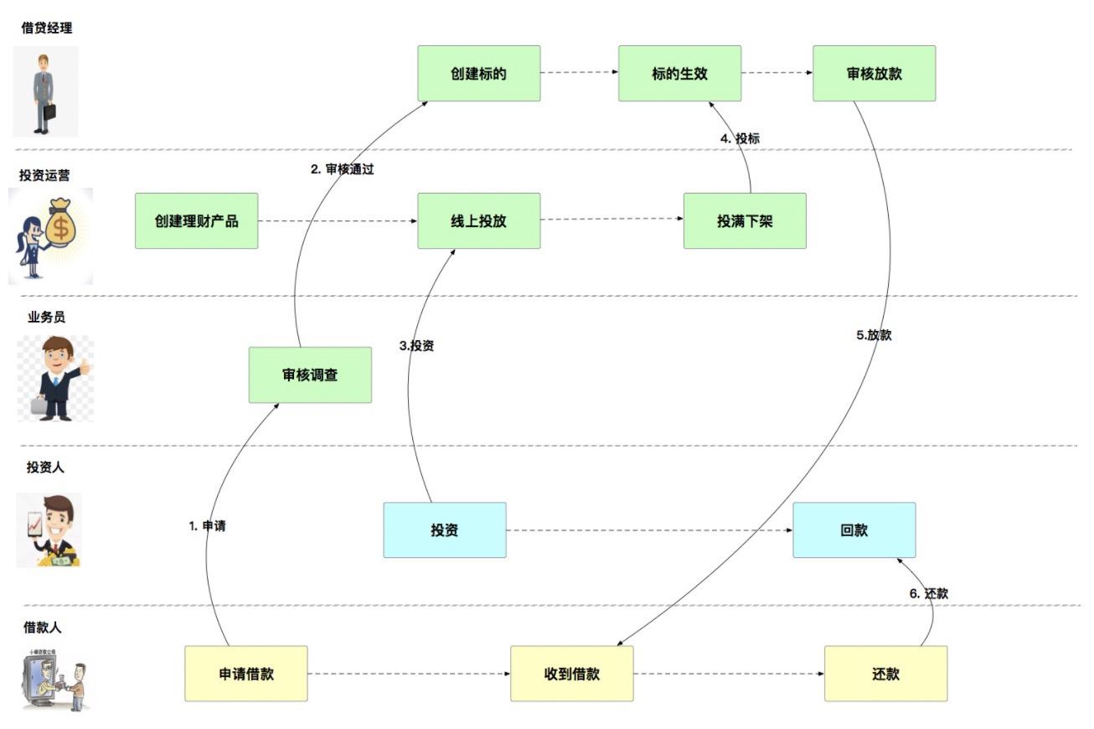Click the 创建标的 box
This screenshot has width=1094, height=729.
(479, 74)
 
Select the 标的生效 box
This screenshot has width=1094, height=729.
(679, 74)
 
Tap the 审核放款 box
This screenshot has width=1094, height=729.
(874, 74)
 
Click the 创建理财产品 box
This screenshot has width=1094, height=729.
(196, 221)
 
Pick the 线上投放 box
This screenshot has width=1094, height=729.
(479, 221)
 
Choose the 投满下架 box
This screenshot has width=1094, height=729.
(745, 221)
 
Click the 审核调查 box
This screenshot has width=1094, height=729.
(310, 375)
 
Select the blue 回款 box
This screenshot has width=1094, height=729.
(854, 530)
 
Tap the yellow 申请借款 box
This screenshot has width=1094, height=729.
(246, 674)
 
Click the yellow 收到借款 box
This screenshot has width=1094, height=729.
(572, 674)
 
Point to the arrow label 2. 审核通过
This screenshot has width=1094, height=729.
(342, 169)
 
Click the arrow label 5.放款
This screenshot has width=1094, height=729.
(874, 335)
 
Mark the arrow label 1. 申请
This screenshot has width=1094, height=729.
(207, 526)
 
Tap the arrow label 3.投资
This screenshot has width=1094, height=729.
(415, 345)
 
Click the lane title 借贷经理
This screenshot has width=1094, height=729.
(47, 28)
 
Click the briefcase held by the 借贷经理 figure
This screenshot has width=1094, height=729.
(49, 111)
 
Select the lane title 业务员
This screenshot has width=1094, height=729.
(46, 317)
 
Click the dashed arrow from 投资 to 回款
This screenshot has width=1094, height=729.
(649, 530)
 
